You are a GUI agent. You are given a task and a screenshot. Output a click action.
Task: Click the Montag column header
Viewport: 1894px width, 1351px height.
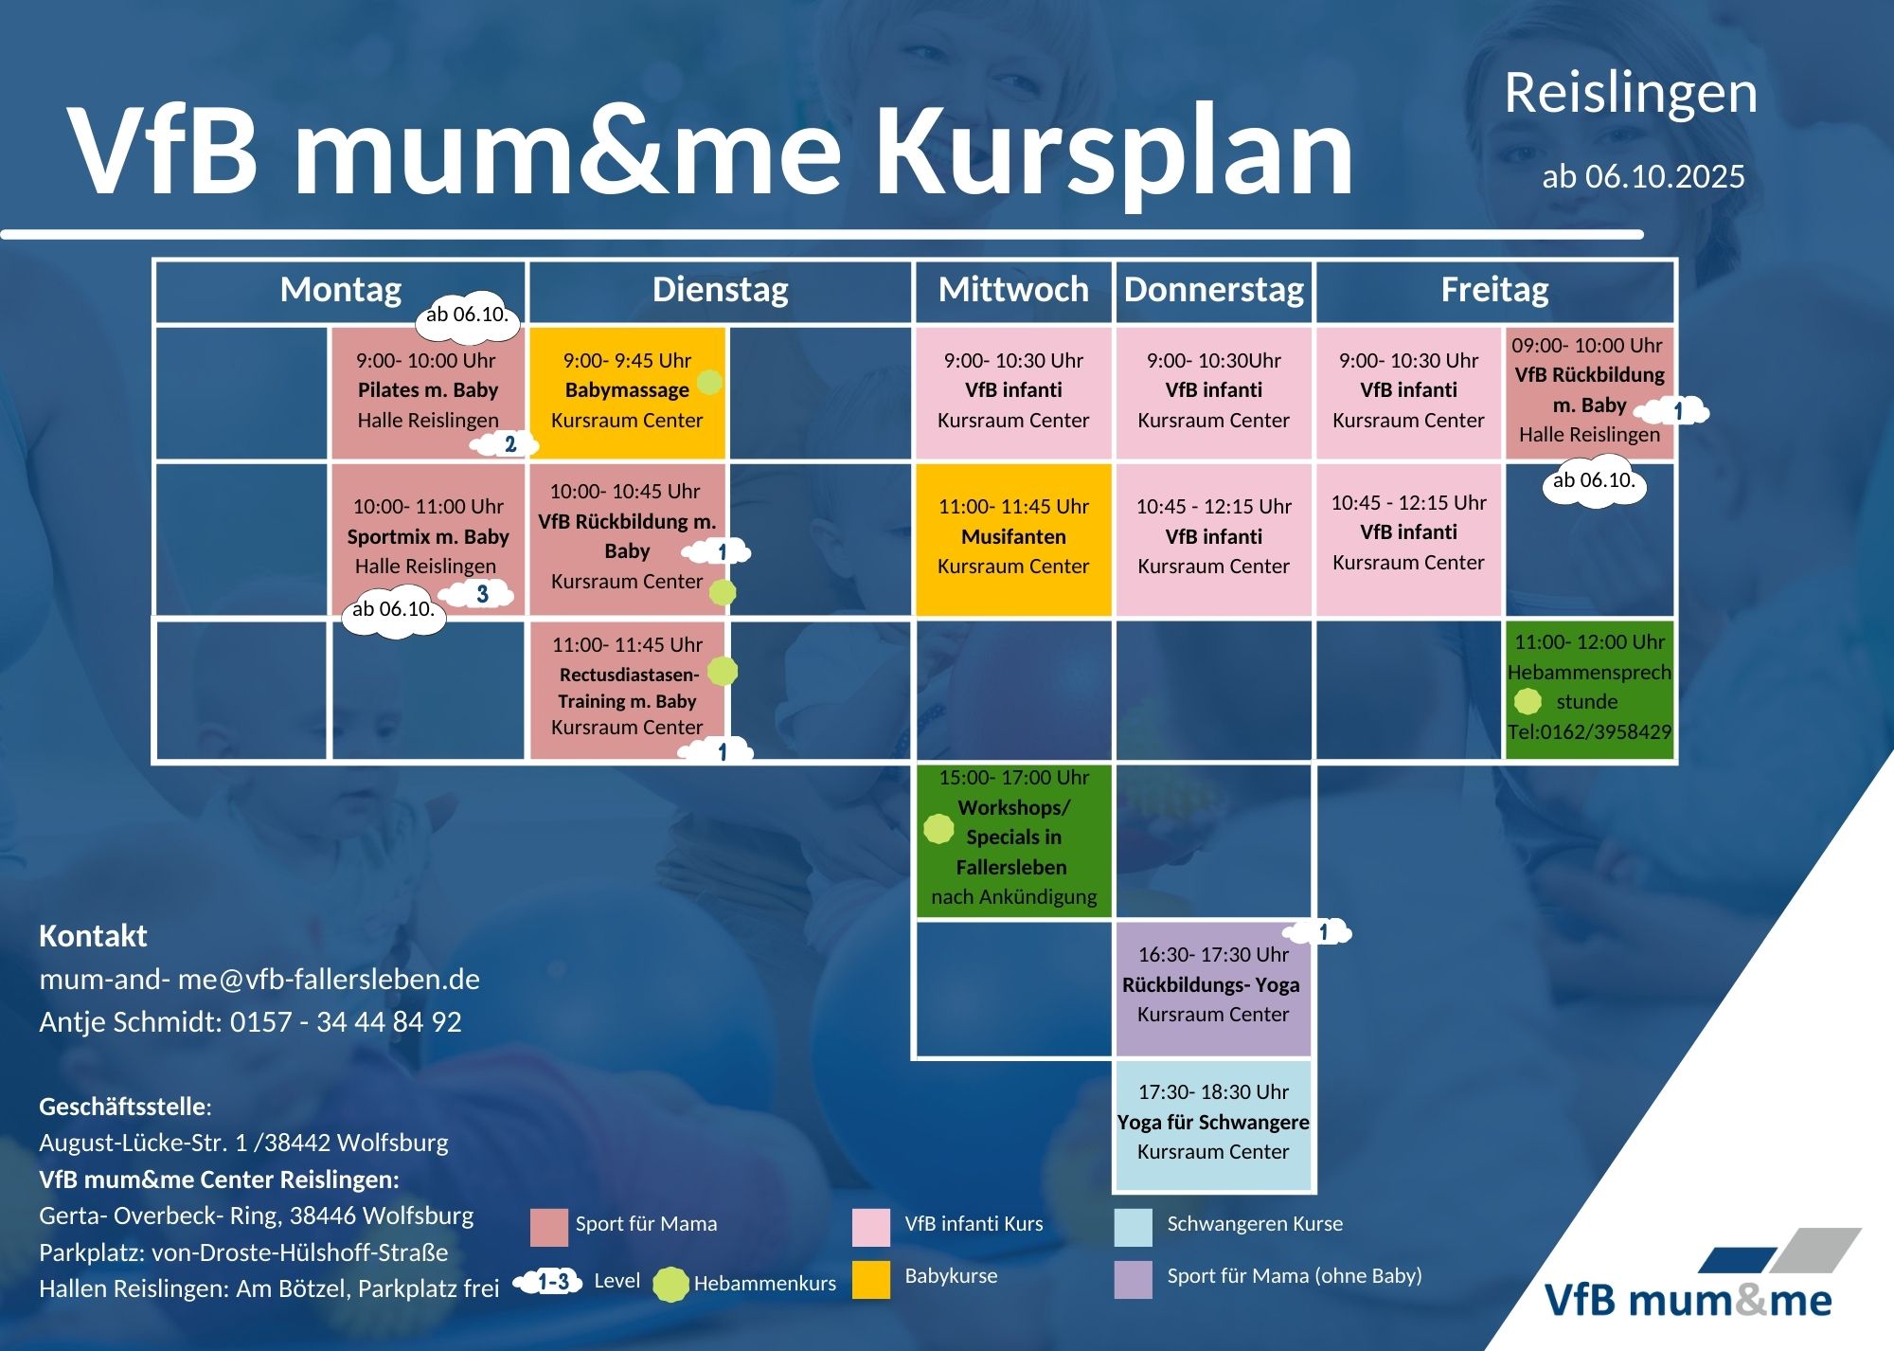click(341, 290)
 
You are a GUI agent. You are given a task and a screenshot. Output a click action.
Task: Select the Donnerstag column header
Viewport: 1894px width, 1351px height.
click(1214, 290)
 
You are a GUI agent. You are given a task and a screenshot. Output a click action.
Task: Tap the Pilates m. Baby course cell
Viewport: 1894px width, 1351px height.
click(428, 393)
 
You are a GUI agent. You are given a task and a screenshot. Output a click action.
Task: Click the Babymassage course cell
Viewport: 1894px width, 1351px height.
click(627, 393)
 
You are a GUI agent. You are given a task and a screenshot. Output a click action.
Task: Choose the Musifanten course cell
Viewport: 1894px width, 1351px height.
click(1013, 540)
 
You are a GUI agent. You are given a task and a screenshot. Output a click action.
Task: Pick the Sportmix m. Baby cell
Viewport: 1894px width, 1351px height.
click(428, 540)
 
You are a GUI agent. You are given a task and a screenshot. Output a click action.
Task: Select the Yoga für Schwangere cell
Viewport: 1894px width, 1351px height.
click(1213, 1125)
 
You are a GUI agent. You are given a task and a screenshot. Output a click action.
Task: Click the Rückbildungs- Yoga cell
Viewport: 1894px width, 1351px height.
click(1213, 988)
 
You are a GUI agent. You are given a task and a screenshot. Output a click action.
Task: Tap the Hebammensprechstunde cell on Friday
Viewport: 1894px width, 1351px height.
click(1589, 690)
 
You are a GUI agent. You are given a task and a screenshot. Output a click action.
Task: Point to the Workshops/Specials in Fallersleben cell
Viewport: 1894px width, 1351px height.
click(1013, 840)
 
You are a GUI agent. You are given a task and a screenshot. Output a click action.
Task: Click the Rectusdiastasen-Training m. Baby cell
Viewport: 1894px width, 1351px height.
click(627, 690)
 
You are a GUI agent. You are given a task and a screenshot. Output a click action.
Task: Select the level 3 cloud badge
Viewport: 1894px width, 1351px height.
click(479, 595)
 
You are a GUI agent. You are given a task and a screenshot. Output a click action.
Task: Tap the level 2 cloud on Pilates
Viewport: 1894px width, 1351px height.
click(507, 443)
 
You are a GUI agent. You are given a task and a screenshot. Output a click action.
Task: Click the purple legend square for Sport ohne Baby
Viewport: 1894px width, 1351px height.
click(1134, 1279)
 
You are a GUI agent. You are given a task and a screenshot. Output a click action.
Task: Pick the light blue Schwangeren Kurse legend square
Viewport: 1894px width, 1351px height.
click(1134, 1227)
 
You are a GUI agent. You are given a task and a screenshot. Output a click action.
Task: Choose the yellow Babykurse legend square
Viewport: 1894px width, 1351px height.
click(871, 1279)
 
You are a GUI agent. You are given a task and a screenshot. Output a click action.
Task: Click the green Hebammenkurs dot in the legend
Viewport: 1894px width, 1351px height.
click(670, 1284)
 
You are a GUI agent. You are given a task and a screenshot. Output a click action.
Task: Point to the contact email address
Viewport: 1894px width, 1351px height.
click(259, 979)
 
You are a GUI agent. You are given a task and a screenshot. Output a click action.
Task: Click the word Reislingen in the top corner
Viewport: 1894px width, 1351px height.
click(1631, 94)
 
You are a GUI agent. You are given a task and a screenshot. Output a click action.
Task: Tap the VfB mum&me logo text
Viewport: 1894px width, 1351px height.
click(1689, 1300)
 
